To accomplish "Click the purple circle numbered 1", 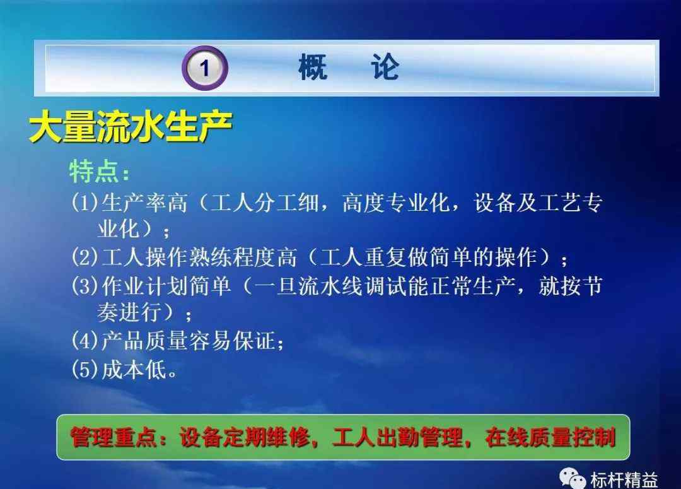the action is point(204,68).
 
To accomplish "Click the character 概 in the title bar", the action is point(313,67).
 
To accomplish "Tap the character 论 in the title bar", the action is point(385,67).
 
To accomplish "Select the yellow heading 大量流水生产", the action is point(131,126).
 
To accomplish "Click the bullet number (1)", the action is point(85,203).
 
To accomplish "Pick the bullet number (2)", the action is point(85,257).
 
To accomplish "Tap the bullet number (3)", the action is point(85,286).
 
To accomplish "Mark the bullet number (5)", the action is point(85,370).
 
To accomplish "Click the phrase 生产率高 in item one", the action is point(144,203).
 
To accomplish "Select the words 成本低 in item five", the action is point(134,370).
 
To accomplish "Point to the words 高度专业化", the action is point(395,203).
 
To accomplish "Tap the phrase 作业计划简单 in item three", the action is point(166,286).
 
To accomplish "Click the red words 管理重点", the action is point(113,437).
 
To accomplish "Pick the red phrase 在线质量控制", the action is point(550,437).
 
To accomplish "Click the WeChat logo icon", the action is point(572,478).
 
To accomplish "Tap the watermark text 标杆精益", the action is point(624,480).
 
